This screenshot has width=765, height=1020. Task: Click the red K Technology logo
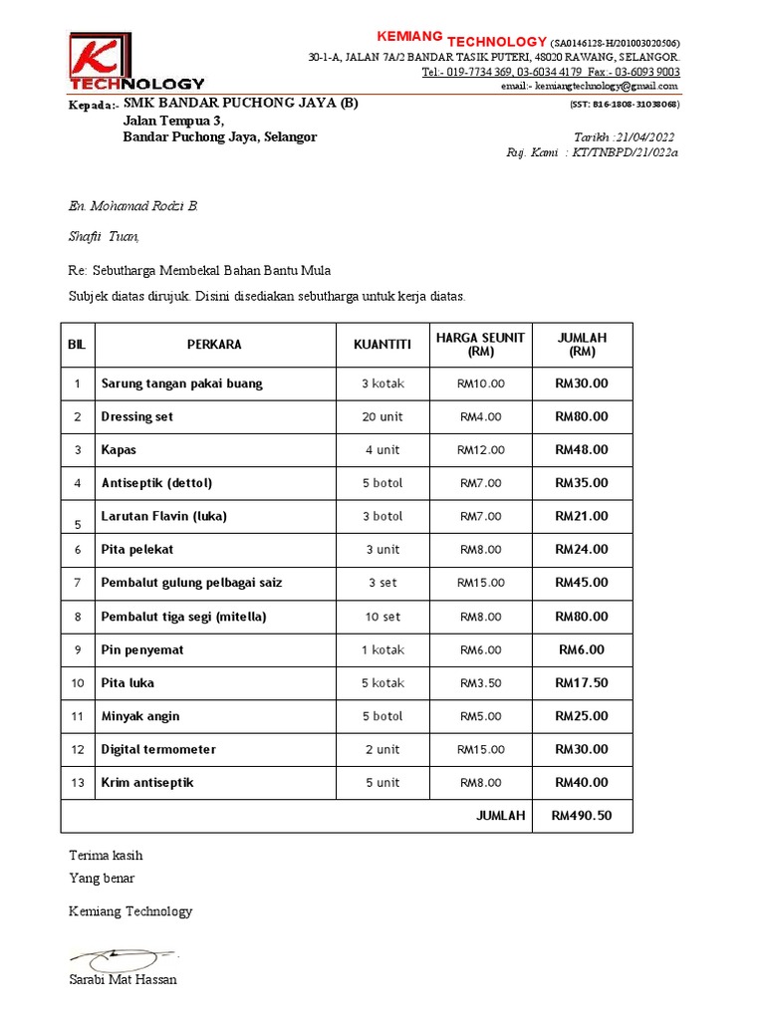click(x=136, y=61)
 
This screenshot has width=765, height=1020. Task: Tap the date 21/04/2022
click(x=646, y=136)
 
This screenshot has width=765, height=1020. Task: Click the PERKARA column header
click(x=214, y=345)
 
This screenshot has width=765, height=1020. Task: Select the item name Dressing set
click(x=137, y=416)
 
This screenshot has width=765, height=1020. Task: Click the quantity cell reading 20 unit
click(x=382, y=416)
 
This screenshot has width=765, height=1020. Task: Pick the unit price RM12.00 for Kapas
click(x=480, y=449)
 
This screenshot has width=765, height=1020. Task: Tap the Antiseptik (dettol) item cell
click(x=156, y=483)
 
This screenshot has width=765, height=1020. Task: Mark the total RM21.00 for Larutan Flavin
click(x=581, y=516)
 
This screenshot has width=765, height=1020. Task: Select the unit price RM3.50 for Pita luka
click(x=480, y=683)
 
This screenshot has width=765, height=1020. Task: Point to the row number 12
click(x=77, y=749)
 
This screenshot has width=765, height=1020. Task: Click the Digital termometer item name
click(x=158, y=749)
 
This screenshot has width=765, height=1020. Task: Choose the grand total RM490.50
click(x=581, y=816)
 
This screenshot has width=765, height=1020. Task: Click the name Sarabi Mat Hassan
click(x=123, y=979)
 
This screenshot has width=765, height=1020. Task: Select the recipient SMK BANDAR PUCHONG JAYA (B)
click(x=240, y=103)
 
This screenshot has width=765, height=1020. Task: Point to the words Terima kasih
click(x=106, y=855)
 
